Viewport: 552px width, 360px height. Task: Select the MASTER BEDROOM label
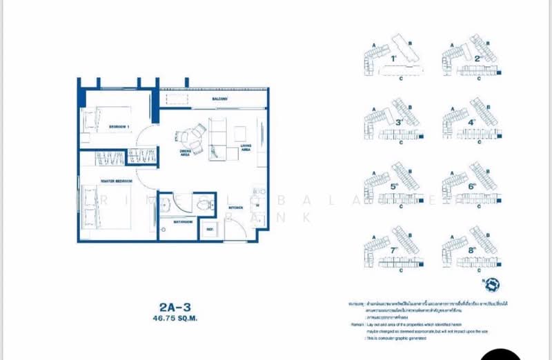pyautogui.click(x=117, y=181)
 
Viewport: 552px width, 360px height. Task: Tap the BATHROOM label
pyautogui.click(x=183, y=222)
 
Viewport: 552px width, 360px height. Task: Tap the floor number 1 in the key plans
pyautogui.click(x=393, y=59)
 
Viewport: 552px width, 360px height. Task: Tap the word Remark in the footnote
pyautogui.click(x=355, y=322)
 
